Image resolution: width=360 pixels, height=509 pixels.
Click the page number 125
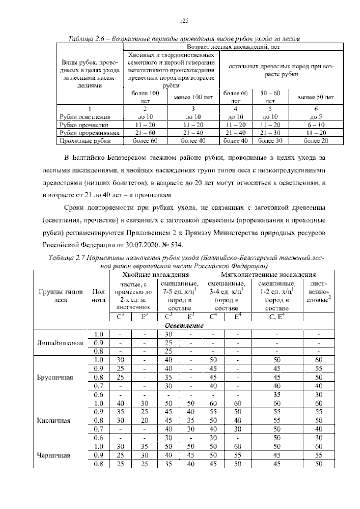coord(184,20)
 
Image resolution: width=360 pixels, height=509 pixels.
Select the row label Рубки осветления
coord(85,117)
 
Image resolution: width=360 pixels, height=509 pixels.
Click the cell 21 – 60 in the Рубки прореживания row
coord(145,133)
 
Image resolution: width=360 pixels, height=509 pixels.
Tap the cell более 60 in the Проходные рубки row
coord(145,140)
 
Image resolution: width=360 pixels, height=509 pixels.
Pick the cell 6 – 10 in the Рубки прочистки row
coord(316,125)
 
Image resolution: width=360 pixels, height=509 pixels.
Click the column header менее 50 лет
coord(316,97)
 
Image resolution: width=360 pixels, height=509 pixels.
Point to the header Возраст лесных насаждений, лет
coord(233,47)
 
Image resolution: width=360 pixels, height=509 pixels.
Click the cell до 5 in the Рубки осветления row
coord(316,117)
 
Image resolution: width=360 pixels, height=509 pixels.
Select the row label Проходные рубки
coord(85,140)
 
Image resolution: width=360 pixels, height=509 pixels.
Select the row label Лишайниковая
coord(60,342)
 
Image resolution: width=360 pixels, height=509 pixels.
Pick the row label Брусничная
coord(55,377)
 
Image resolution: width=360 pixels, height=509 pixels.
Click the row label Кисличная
coord(53,420)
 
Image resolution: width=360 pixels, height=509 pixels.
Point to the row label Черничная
coord(53,455)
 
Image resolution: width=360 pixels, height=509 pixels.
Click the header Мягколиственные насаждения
coord(268,274)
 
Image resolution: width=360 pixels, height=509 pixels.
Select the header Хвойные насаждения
coord(155,274)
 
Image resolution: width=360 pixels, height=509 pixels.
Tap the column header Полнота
coord(99,296)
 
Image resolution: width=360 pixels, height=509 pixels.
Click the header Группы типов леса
coord(61,296)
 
